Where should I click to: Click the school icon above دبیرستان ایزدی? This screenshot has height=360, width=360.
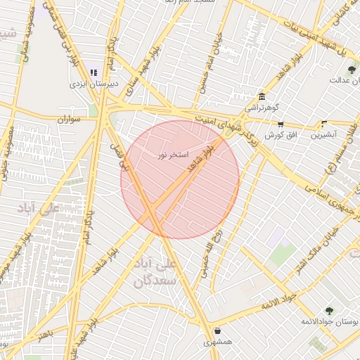[94, 72]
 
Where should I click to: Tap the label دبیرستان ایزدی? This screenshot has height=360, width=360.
[94, 83]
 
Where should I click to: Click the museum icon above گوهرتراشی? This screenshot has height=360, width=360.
[262, 96]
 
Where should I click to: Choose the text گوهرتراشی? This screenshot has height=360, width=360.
[262, 108]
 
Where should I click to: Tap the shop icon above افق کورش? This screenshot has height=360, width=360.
[280, 124]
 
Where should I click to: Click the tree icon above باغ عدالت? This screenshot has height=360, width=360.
[352, 69]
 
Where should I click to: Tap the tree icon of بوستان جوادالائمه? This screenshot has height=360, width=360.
[328, 310]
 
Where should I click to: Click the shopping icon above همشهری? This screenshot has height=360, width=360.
[217, 330]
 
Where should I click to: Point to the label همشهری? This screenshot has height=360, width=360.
[217, 342]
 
